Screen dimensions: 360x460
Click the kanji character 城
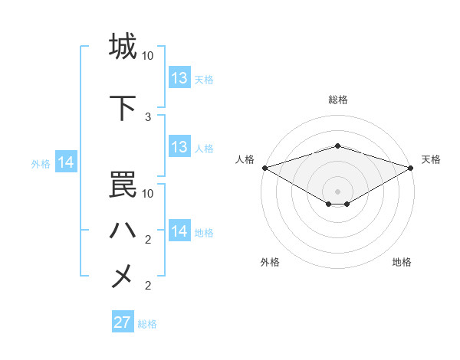123,47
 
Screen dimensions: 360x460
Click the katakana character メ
123,277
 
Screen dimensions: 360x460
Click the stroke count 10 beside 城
148,56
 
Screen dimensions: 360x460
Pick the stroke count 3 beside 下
148,117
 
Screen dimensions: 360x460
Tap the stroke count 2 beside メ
148,286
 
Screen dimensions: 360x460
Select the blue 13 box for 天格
179,78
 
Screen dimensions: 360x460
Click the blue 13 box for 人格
179,147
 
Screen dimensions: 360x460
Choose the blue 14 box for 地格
179,231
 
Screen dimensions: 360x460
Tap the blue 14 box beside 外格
66,162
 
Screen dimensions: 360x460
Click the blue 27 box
123,322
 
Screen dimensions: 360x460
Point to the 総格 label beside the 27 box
147,324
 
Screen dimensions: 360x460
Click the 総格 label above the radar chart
337,100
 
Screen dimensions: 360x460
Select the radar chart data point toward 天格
411,167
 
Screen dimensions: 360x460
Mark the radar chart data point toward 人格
264,167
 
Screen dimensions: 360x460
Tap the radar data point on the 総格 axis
337,146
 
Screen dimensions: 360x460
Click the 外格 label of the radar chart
270,262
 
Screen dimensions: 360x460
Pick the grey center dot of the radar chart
337,191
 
